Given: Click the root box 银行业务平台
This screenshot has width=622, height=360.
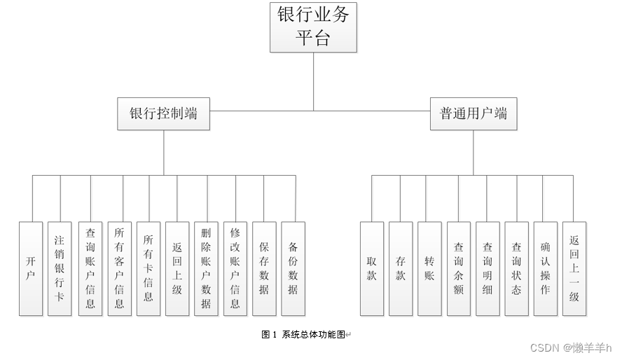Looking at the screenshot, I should coord(313,27).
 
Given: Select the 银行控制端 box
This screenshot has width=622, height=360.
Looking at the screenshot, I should coord(164,114).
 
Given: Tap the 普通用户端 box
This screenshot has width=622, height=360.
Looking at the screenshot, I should coord(473,114).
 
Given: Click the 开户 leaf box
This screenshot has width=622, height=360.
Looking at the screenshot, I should coord(31,269).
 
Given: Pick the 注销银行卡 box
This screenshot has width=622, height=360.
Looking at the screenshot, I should coord(60,269).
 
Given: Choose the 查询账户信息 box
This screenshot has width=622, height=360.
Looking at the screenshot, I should coord(90,269).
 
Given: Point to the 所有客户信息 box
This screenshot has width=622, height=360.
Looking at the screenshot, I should coord(119,269).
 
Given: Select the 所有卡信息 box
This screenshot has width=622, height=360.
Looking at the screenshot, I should coord(148,269).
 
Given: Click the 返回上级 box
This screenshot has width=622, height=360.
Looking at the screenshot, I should coord(177,269).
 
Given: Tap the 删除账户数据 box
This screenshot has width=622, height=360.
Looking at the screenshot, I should coord(206,269).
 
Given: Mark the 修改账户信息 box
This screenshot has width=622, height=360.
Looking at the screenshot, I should coord(235,269).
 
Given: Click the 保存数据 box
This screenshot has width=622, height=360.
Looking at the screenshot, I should coord(264,269).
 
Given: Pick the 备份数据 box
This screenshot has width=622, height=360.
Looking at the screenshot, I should coord(293,269).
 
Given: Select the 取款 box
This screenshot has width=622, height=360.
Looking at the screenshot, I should coord(372,269).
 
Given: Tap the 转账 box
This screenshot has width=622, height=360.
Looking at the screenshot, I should coord(429,269).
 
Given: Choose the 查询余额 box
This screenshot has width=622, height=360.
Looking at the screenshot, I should coord(459,269).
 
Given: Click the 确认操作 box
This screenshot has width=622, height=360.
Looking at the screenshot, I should coord(546,269).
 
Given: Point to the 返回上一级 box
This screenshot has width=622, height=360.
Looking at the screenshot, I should coord(574,269).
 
